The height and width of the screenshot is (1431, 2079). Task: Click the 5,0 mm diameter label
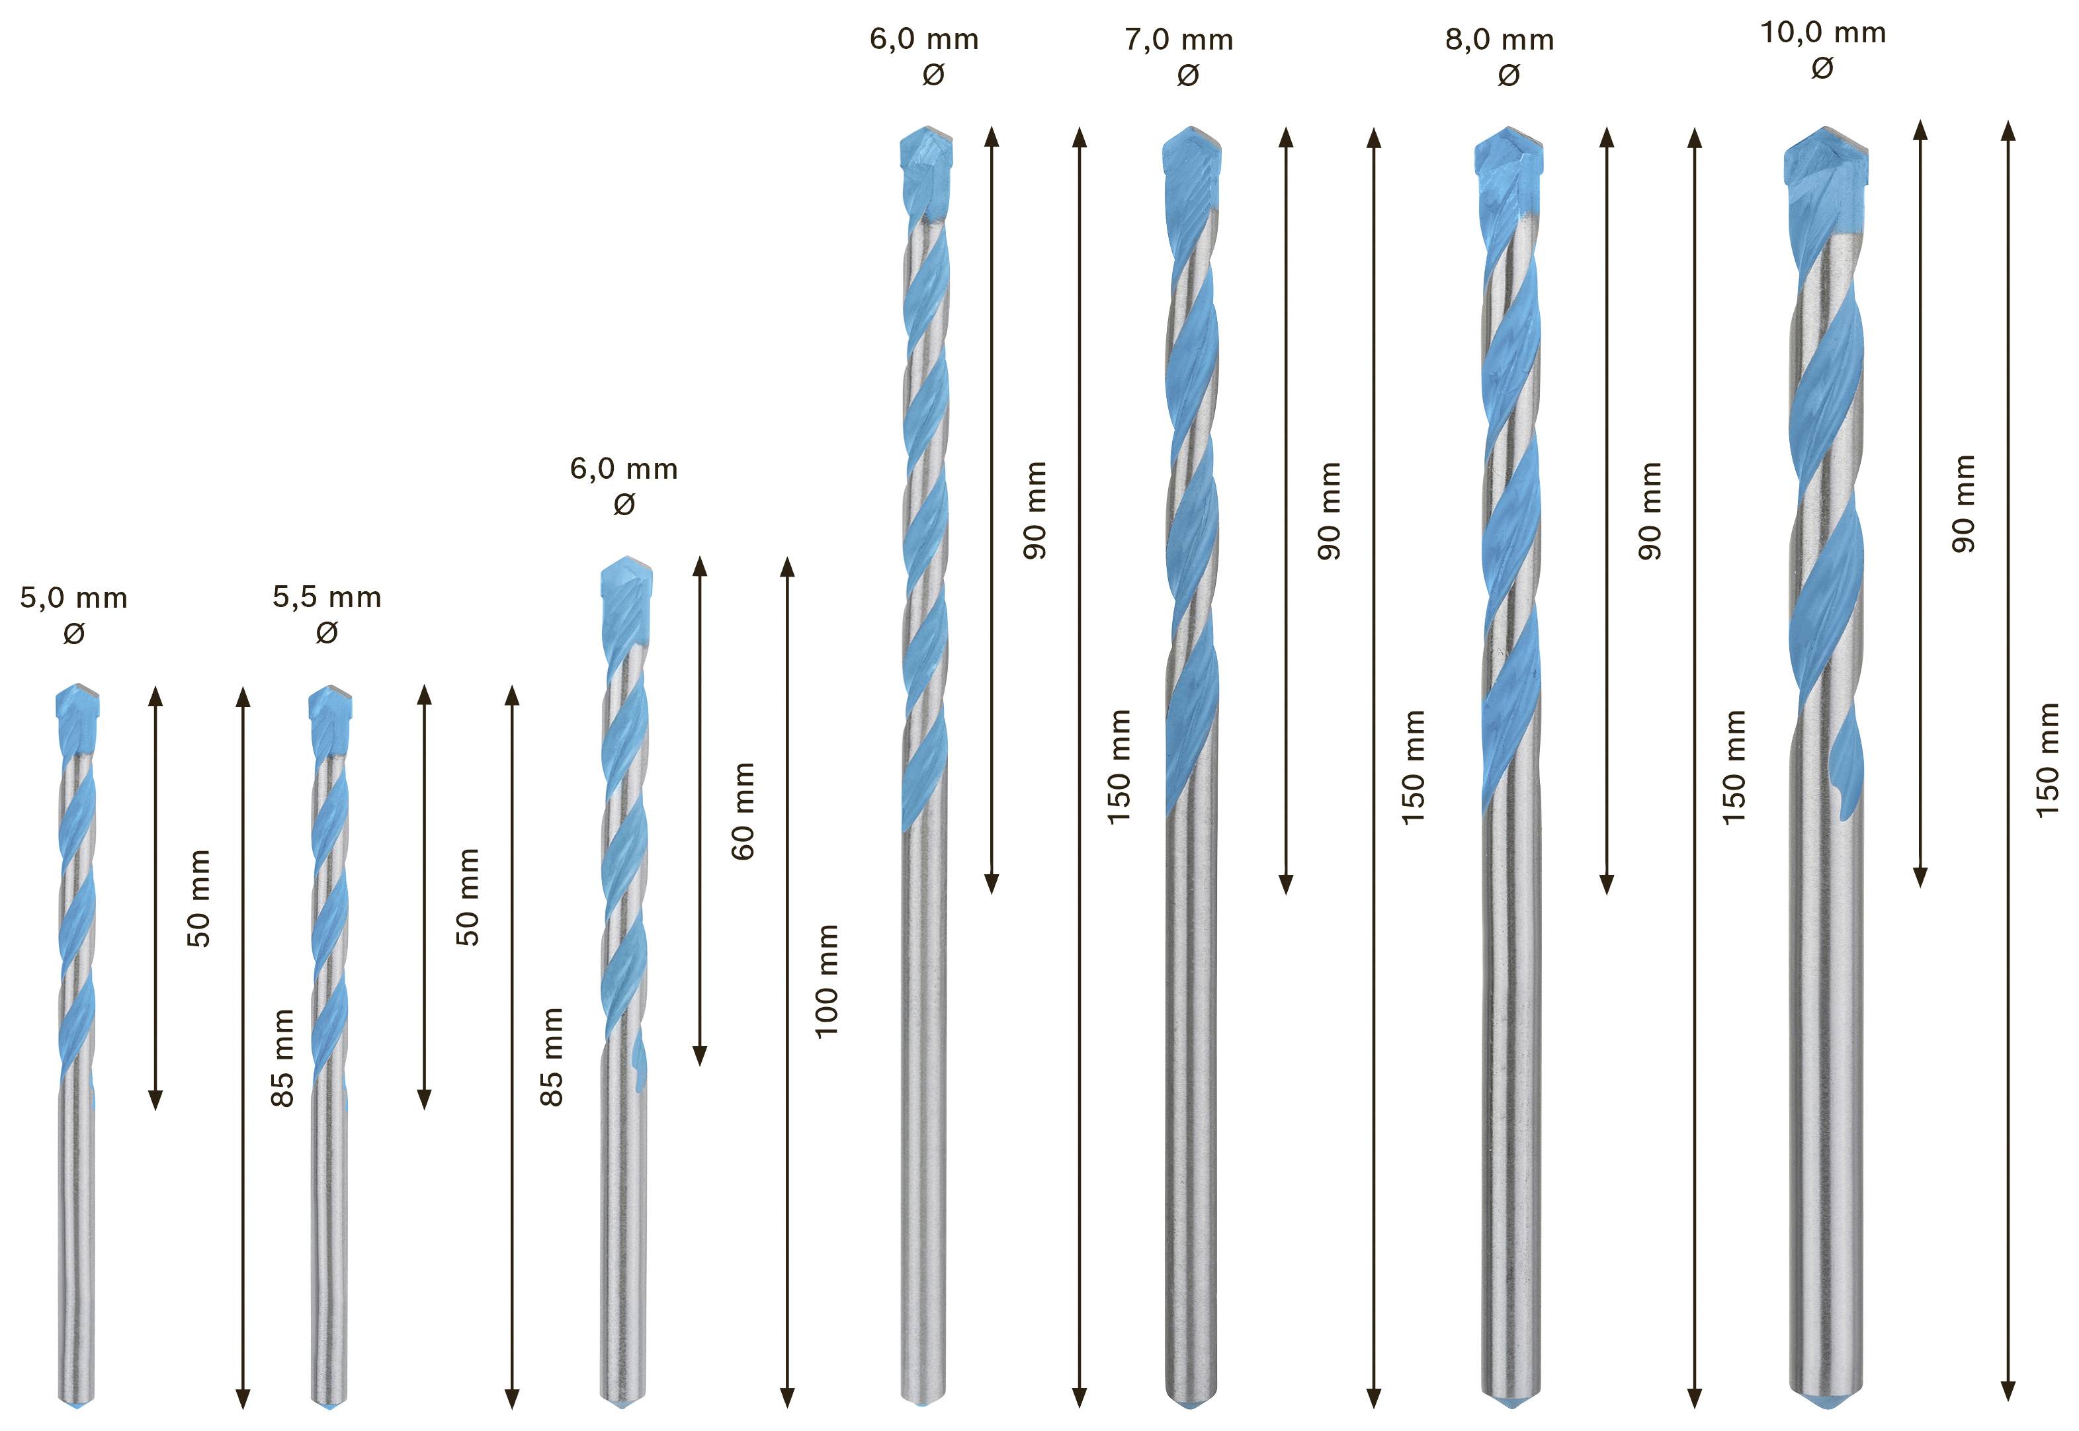pyautogui.click(x=73, y=598)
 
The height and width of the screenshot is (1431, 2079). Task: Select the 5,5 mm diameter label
pyautogui.click(x=327, y=597)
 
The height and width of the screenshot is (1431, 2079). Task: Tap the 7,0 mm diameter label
pyautogui.click(x=1179, y=40)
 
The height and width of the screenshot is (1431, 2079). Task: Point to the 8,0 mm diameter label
pyautogui.click(x=1500, y=40)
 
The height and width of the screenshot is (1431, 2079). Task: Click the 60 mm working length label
pyautogui.click(x=743, y=811)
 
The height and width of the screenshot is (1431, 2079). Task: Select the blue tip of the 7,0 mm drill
pyautogui.click(x=1192, y=161)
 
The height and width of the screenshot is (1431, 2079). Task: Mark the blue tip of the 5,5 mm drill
pyautogui.click(x=330, y=717)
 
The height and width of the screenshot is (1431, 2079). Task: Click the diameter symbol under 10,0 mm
pyautogui.click(x=1822, y=68)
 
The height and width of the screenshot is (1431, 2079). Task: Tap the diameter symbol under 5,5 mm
pyautogui.click(x=327, y=633)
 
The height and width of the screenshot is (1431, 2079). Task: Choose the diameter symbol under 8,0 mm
pyautogui.click(x=1509, y=75)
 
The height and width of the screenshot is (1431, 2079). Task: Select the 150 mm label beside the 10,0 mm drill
pyautogui.click(x=2048, y=760)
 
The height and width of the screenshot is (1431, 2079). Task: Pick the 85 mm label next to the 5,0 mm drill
pyautogui.click(x=282, y=1057)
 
